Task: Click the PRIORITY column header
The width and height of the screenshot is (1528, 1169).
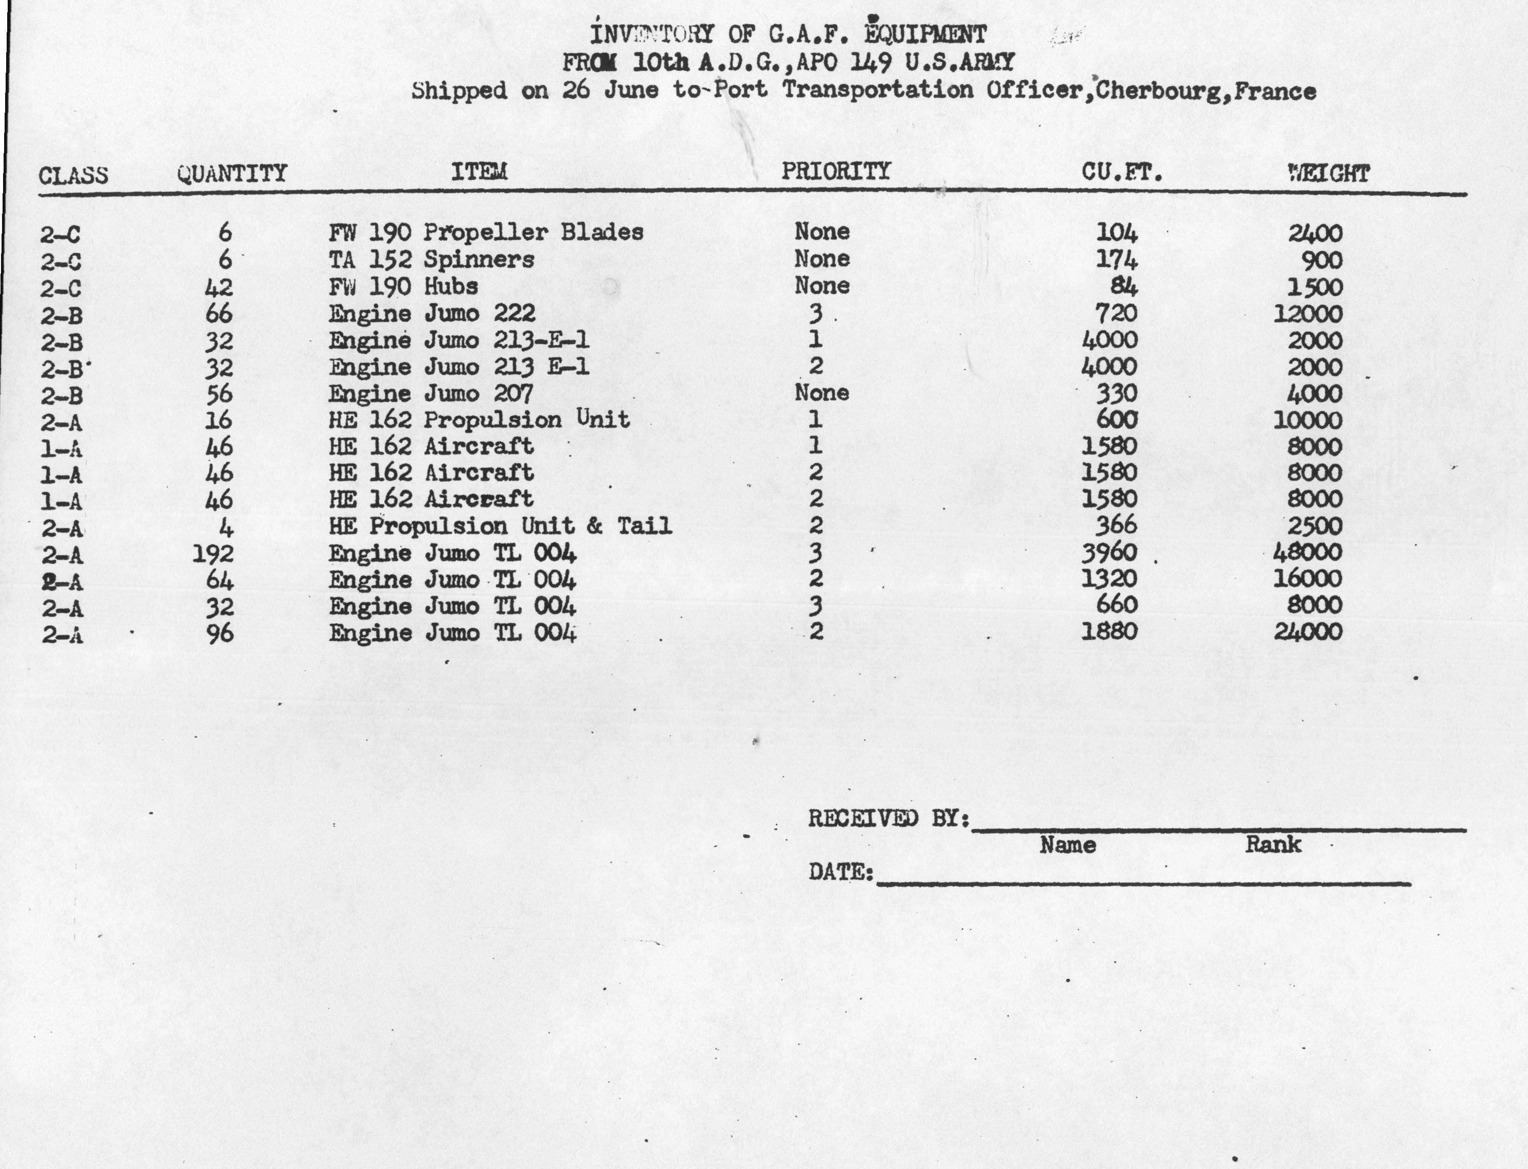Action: point(836,171)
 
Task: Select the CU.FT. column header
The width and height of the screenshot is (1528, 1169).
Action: point(1122,172)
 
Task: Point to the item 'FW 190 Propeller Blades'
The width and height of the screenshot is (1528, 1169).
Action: point(486,232)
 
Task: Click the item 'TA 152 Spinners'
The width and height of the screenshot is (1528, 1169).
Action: point(431,259)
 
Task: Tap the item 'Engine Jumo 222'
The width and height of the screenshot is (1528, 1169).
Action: point(431,314)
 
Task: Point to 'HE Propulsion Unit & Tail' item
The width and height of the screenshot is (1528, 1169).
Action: point(500,525)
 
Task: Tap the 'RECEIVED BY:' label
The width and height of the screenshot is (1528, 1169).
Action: point(889,819)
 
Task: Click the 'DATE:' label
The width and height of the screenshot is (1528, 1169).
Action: point(840,871)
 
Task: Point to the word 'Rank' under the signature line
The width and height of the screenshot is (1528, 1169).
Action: point(1273,845)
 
